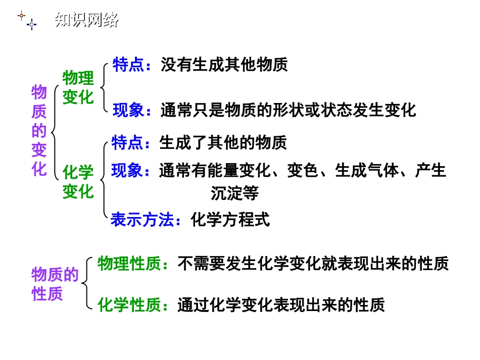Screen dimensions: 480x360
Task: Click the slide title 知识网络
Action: tap(86, 20)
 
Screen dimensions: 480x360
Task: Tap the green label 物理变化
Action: tap(78, 87)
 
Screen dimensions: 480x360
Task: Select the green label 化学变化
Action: tap(78, 182)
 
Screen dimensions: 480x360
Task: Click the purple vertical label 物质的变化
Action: tap(39, 131)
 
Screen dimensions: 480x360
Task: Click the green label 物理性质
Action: tap(132, 264)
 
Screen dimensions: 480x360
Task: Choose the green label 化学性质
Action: tap(132, 304)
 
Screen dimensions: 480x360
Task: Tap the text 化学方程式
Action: tap(230, 220)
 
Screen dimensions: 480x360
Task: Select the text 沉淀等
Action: tap(234, 193)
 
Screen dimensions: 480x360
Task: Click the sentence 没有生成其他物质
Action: tap(224, 65)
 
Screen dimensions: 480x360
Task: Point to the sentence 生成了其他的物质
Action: tap(223, 143)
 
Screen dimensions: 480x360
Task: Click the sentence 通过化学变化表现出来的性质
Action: tap(280, 304)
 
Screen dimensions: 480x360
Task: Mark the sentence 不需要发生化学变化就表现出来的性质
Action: tap(313, 264)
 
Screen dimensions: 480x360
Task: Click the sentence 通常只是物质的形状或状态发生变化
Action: tap(288, 110)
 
